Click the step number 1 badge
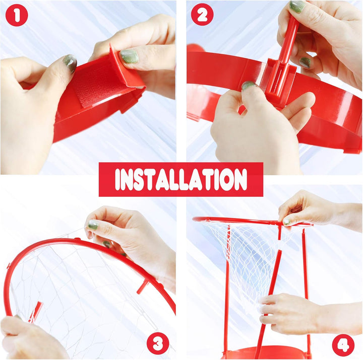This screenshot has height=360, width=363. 17,15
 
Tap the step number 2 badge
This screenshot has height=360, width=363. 202,15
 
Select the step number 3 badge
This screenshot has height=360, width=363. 158,343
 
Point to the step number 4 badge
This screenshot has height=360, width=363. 343,345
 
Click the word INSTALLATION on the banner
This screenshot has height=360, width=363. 181,179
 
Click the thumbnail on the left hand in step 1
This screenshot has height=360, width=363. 70,63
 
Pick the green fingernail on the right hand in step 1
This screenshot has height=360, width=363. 129,56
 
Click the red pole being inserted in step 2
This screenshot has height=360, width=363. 285,53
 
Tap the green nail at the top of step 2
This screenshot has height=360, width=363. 297,6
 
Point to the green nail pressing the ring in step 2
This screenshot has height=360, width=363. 248,86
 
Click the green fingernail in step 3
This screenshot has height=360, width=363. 93,225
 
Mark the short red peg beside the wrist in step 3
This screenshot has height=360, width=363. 142,286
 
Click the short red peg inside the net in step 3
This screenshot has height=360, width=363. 35,312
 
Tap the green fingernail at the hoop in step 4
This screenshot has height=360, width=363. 287,221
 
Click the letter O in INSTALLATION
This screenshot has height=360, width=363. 226,180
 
